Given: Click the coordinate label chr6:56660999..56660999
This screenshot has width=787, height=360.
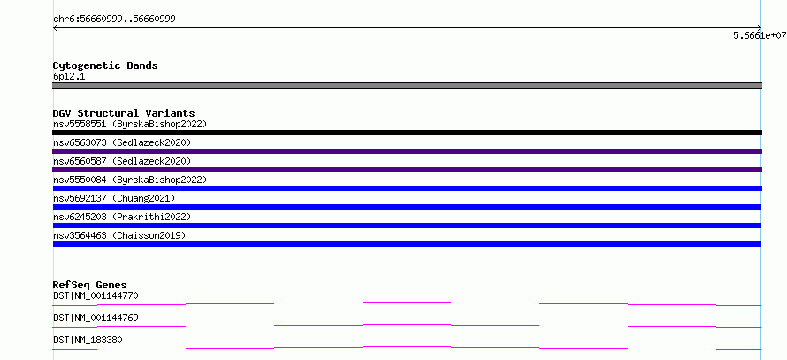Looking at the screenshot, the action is point(114,19).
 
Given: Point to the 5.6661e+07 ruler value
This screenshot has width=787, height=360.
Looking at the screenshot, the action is point(760,35).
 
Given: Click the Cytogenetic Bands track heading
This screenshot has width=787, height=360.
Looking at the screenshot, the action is point(105,65).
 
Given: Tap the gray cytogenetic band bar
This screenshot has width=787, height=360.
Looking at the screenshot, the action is point(407,86).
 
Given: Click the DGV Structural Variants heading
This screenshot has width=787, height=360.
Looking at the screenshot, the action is point(124,113).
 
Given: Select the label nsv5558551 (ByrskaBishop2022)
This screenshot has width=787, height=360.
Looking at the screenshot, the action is point(130,124).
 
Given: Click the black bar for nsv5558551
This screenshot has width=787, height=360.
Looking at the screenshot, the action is point(407,133).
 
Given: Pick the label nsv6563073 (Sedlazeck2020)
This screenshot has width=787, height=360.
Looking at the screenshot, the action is point(122,142).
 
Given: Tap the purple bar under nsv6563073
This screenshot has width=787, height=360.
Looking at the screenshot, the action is point(407,151).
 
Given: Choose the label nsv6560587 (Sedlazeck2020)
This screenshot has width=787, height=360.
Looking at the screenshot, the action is point(122,161).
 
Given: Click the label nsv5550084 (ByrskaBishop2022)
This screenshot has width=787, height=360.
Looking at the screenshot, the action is point(130,180).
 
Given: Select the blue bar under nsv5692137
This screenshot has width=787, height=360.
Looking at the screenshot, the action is point(407,207).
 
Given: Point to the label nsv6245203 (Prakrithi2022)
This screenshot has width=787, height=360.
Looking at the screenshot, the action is point(122,217).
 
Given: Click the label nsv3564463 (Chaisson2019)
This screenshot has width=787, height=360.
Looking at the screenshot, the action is point(119,235).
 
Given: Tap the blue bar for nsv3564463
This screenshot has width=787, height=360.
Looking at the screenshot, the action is point(407,244).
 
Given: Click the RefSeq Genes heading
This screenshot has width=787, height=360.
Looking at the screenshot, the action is point(90,285).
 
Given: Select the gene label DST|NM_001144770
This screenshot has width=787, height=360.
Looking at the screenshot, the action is point(96,295).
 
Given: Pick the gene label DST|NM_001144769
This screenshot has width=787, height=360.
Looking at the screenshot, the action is point(96,318).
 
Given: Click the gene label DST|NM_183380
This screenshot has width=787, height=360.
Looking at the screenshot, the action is point(88,340).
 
